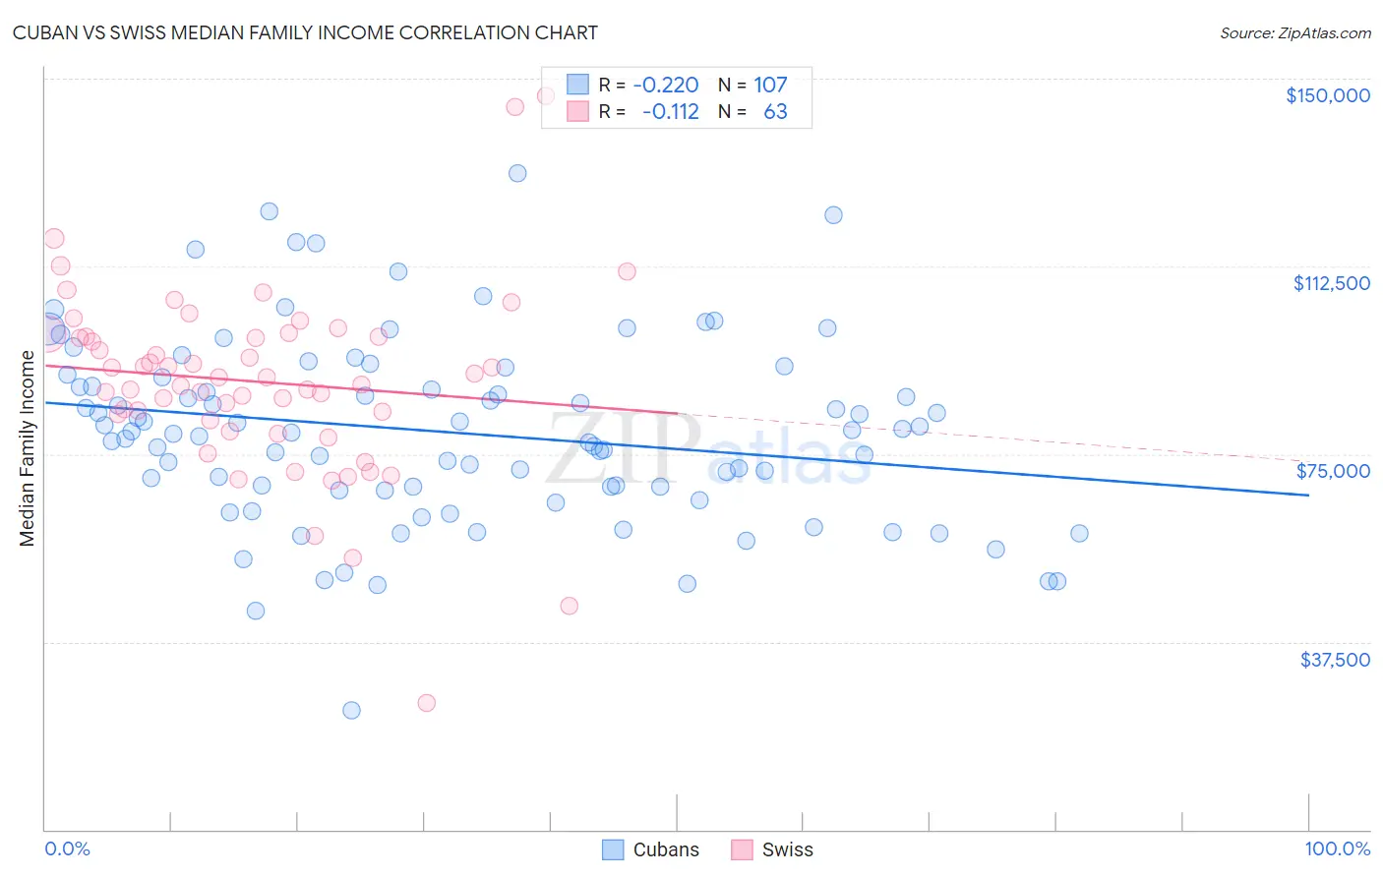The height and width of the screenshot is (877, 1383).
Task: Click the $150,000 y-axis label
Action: (x=1327, y=95)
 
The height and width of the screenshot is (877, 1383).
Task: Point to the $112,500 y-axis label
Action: (x=1331, y=283)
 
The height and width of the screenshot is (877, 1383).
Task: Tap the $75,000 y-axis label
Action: (x=1333, y=471)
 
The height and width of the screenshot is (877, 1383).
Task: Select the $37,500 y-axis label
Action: (x=1335, y=659)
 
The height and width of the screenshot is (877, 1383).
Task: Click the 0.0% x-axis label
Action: (x=67, y=849)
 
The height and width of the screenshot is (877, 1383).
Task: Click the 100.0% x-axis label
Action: (x=1337, y=849)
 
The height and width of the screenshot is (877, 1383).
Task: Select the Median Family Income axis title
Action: (x=28, y=448)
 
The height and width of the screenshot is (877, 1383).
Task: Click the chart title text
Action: (x=305, y=32)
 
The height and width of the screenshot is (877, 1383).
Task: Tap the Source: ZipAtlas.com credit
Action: (x=1294, y=33)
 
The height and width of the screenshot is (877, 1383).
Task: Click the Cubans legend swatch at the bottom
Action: (x=613, y=849)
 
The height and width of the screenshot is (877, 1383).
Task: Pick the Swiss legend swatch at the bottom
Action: (x=742, y=849)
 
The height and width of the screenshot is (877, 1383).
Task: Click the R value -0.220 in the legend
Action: (x=666, y=85)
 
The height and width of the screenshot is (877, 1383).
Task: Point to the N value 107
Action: (x=770, y=85)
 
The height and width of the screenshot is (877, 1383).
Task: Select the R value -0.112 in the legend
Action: (x=670, y=111)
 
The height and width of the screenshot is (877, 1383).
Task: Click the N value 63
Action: (x=775, y=111)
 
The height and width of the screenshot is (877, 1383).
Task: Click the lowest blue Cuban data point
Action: (x=351, y=710)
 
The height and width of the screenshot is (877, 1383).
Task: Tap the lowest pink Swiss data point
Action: (x=426, y=702)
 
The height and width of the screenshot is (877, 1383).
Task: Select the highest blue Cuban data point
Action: (x=517, y=173)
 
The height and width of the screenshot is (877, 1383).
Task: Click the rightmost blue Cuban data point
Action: (x=1079, y=533)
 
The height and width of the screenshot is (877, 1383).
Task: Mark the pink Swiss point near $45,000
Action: (x=569, y=606)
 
